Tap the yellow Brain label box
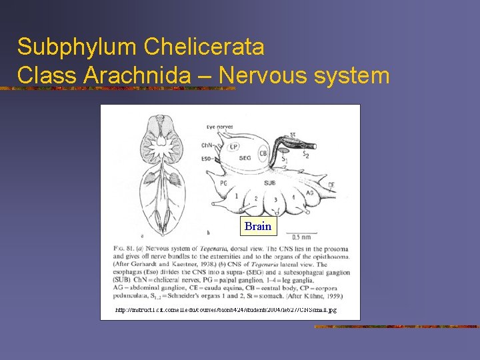tap(258, 226)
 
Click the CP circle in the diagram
tap(234, 147)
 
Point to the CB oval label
tap(263, 153)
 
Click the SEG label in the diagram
tap(245, 158)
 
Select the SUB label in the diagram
tap(269, 181)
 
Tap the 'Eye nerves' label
tap(221, 125)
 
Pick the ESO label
tap(207, 159)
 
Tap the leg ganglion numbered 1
tap(236, 196)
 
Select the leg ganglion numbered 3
tap(275, 200)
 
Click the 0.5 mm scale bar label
tap(301, 237)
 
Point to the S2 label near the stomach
tap(306, 155)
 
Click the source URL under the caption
tap(226, 310)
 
